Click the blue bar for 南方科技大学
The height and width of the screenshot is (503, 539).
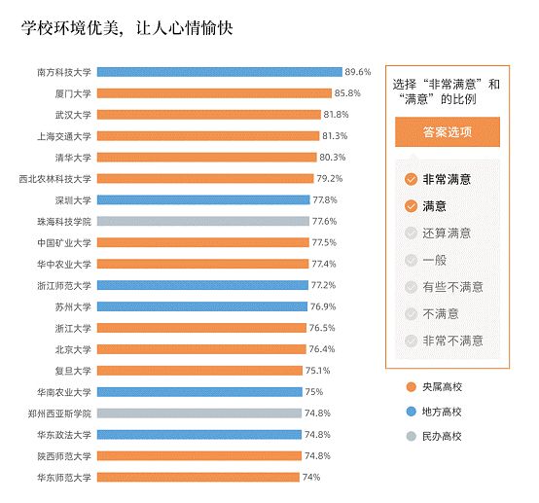click(x=220, y=72)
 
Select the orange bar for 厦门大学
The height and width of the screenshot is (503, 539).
click(x=214, y=93)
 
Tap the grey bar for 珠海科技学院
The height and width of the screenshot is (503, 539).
click(x=203, y=221)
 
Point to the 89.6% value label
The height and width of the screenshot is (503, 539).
click(x=358, y=72)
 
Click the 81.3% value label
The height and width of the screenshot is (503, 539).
click(x=335, y=136)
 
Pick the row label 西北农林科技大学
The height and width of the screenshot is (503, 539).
click(x=55, y=179)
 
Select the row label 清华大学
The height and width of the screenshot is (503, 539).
click(x=73, y=158)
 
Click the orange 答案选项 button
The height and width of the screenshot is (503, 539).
click(x=448, y=132)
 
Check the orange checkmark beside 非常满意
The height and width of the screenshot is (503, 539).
click(x=411, y=179)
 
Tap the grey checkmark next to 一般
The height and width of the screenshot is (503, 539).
click(x=411, y=261)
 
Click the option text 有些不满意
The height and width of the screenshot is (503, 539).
click(x=453, y=287)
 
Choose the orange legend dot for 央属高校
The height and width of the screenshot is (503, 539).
click(x=412, y=387)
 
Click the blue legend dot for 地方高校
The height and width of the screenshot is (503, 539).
click(x=412, y=412)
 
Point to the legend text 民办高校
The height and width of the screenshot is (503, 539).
click(x=442, y=436)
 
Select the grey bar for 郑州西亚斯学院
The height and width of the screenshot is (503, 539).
click(x=199, y=413)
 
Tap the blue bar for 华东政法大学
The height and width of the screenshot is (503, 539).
click(x=199, y=434)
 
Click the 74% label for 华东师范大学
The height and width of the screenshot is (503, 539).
click(x=311, y=477)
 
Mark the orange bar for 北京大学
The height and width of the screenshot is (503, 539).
click(x=201, y=349)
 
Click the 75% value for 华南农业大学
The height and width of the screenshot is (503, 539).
click(x=314, y=392)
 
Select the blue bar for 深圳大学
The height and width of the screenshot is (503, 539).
click(x=203, y=199)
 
